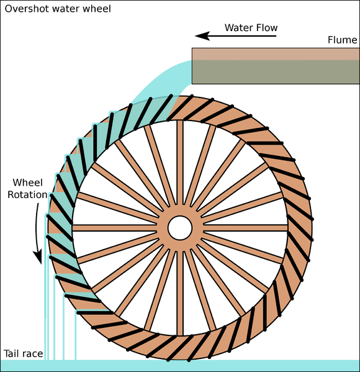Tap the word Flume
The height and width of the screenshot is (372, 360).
(342, 40)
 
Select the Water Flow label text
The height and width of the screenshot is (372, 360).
(251, 28)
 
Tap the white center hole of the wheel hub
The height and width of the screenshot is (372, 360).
(180, 228)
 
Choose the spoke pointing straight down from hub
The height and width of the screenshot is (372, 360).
(180, 292)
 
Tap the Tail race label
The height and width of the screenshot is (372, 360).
(23, 354)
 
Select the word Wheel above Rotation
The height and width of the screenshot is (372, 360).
(28, 183)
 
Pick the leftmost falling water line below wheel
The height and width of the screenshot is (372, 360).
(44, 311)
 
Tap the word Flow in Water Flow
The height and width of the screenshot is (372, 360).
(266, 28)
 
